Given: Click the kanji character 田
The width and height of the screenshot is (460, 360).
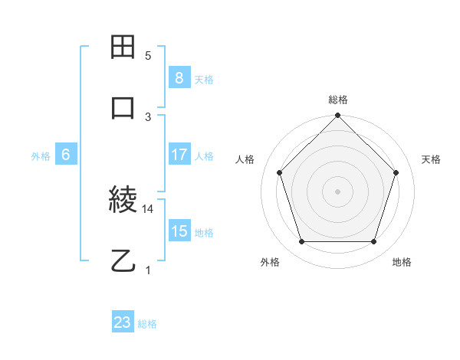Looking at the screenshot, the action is pos(123,47).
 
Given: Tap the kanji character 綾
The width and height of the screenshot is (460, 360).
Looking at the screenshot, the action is pos(123,201).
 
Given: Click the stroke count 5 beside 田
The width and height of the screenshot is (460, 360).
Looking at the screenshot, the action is pos(148,56).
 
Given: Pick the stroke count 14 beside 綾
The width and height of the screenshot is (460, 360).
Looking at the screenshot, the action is pos(148,208).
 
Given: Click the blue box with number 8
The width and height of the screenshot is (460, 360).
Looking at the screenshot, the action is pos(179,78).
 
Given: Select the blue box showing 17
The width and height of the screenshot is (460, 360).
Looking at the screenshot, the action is pos(179,155).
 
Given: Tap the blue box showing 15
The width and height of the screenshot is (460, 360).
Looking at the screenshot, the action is pos(179,231).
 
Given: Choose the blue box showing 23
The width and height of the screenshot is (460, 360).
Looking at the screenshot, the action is pos(123,322).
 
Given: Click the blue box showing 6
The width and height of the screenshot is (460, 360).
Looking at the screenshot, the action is pos(66,155).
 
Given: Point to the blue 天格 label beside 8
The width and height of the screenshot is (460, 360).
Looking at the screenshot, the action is pos(204,79).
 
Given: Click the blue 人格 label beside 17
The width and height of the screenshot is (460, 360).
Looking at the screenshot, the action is pos(204,155).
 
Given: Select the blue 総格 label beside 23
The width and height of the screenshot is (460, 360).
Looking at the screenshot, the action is pos(147,324).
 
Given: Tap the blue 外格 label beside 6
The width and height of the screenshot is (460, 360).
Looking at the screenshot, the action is pos(41,155).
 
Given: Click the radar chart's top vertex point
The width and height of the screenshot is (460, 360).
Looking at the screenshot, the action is pos(337,117).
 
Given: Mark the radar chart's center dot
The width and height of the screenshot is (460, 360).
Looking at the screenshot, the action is pos(337,191).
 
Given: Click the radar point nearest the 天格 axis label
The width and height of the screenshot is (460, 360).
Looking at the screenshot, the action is pos(396,172).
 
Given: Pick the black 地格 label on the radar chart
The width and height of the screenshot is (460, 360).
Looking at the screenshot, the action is pos(402,262).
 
